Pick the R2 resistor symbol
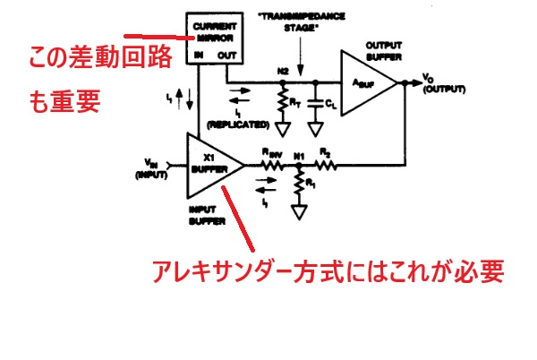click(325, 166)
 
